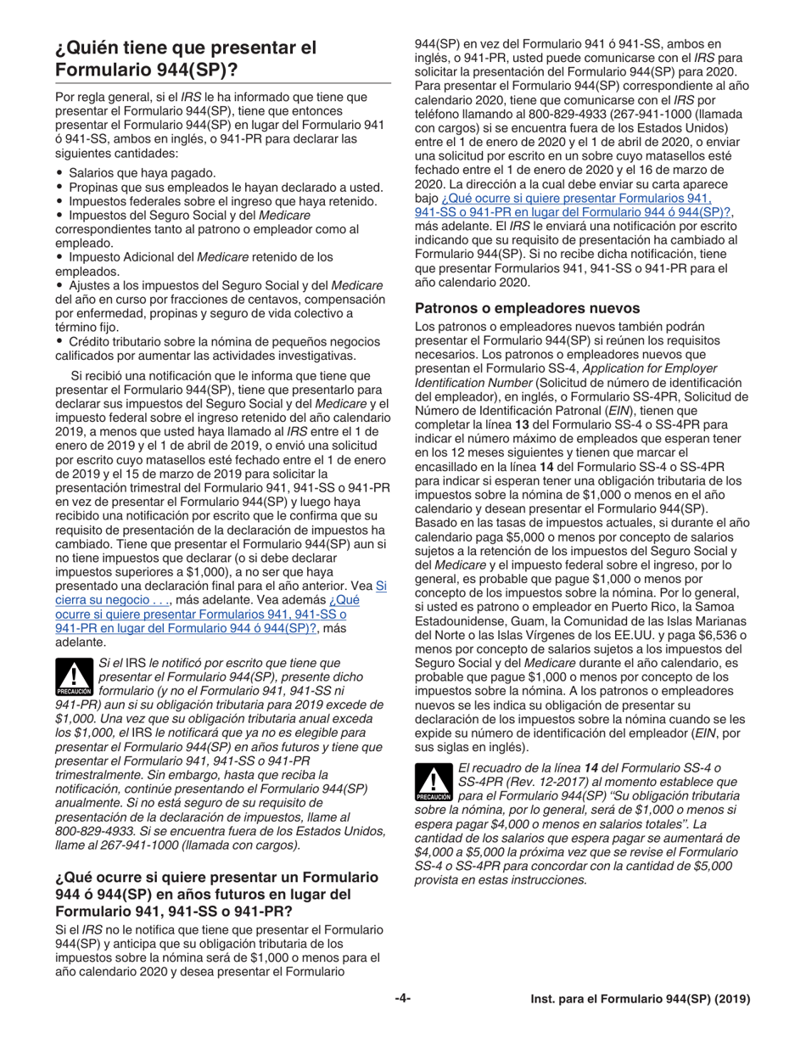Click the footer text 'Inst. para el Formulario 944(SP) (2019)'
click(640, 1000)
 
